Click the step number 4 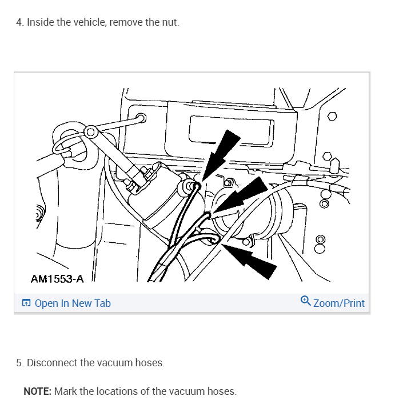tap(19, 22)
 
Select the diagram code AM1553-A tap(57, 279)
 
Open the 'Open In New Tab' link tap(73, 303)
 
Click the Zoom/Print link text tap(338, 303)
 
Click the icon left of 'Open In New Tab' tap(26, 303)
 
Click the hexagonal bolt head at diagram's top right tap(332, 117)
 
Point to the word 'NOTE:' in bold tap(38, 391)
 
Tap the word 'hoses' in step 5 tap(150, 363)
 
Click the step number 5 tap(19, 363)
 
